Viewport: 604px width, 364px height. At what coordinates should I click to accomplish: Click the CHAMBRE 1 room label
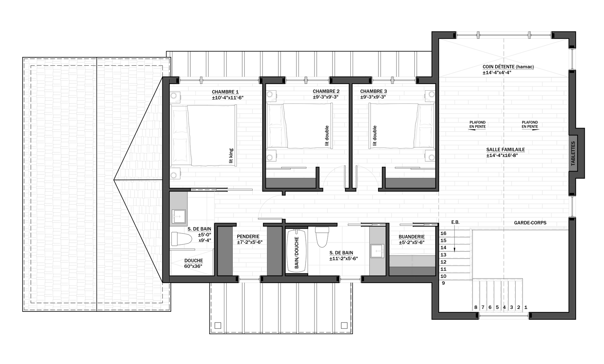coord(225,92)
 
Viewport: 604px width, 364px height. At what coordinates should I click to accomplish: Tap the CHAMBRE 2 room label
coord(326,92)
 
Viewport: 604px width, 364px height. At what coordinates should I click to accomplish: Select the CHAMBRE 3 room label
coord(373,92)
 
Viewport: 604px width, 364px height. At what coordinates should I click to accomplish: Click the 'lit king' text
coord(231,156)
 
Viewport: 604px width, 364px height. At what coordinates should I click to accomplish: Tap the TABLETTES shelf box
coord(573,154)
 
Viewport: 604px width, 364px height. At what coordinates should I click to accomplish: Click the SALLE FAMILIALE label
coord(506,150)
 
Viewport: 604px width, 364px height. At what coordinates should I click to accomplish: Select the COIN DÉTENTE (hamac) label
coord(508,67)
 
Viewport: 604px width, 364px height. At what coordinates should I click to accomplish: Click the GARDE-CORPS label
coord(530,223)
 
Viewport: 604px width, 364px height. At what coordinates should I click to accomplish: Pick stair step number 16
coord(443,233)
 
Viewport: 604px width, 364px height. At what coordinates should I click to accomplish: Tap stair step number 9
coord(443,283)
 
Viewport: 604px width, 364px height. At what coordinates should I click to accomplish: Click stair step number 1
coord(526,307)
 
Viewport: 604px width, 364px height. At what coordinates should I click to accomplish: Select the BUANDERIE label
coord(411,237)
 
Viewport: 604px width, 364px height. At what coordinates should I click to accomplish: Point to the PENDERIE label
coord(248,237)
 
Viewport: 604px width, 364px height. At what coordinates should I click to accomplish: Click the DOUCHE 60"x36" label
coord(193,263)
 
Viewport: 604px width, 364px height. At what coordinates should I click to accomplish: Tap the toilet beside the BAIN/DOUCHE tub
coord(322,237)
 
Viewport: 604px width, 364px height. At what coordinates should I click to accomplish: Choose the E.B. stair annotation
coord(455,222)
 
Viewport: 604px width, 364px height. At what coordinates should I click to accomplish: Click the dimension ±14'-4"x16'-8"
coord(502,155)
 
